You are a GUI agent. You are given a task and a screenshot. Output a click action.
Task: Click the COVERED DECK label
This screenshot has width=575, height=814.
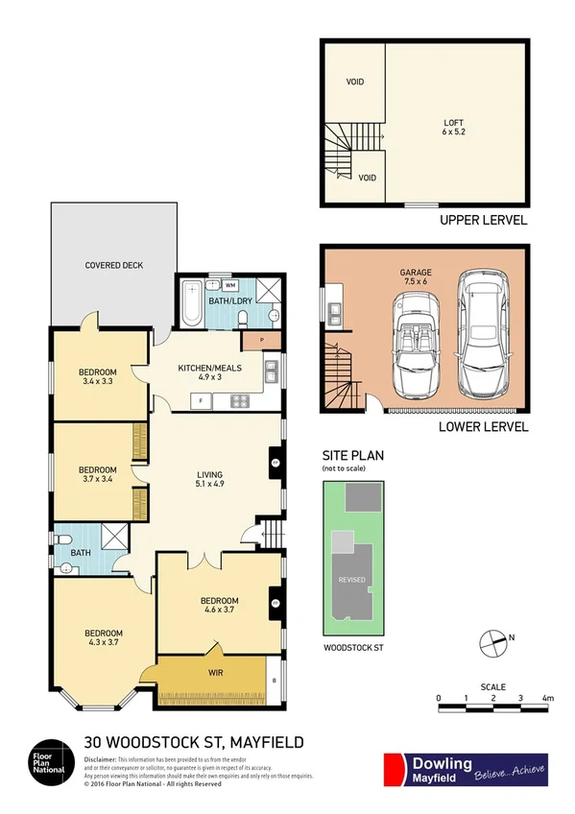[113, 265]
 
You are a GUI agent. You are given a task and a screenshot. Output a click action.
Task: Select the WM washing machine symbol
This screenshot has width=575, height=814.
[230, 285]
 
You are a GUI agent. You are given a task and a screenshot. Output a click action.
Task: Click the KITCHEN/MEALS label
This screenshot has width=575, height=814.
[209, 368]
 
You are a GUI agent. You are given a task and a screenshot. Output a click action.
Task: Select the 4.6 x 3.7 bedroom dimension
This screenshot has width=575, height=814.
[221, 610]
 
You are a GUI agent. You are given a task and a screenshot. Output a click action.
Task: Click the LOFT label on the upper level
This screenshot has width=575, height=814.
[453, 122]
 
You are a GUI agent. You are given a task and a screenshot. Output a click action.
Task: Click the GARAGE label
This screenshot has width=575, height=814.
[416, 273]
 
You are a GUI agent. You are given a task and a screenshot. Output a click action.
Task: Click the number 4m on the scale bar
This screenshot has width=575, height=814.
[548, 698]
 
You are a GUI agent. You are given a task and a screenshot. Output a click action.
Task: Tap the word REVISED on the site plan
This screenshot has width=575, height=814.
[349, 580]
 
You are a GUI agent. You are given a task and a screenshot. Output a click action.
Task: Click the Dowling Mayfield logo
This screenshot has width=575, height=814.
[465, 769]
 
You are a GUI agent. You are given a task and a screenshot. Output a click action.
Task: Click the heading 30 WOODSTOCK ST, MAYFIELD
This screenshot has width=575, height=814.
[194, 741]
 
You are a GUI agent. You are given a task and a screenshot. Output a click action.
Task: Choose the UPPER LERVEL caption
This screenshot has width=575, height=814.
[483, 220]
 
